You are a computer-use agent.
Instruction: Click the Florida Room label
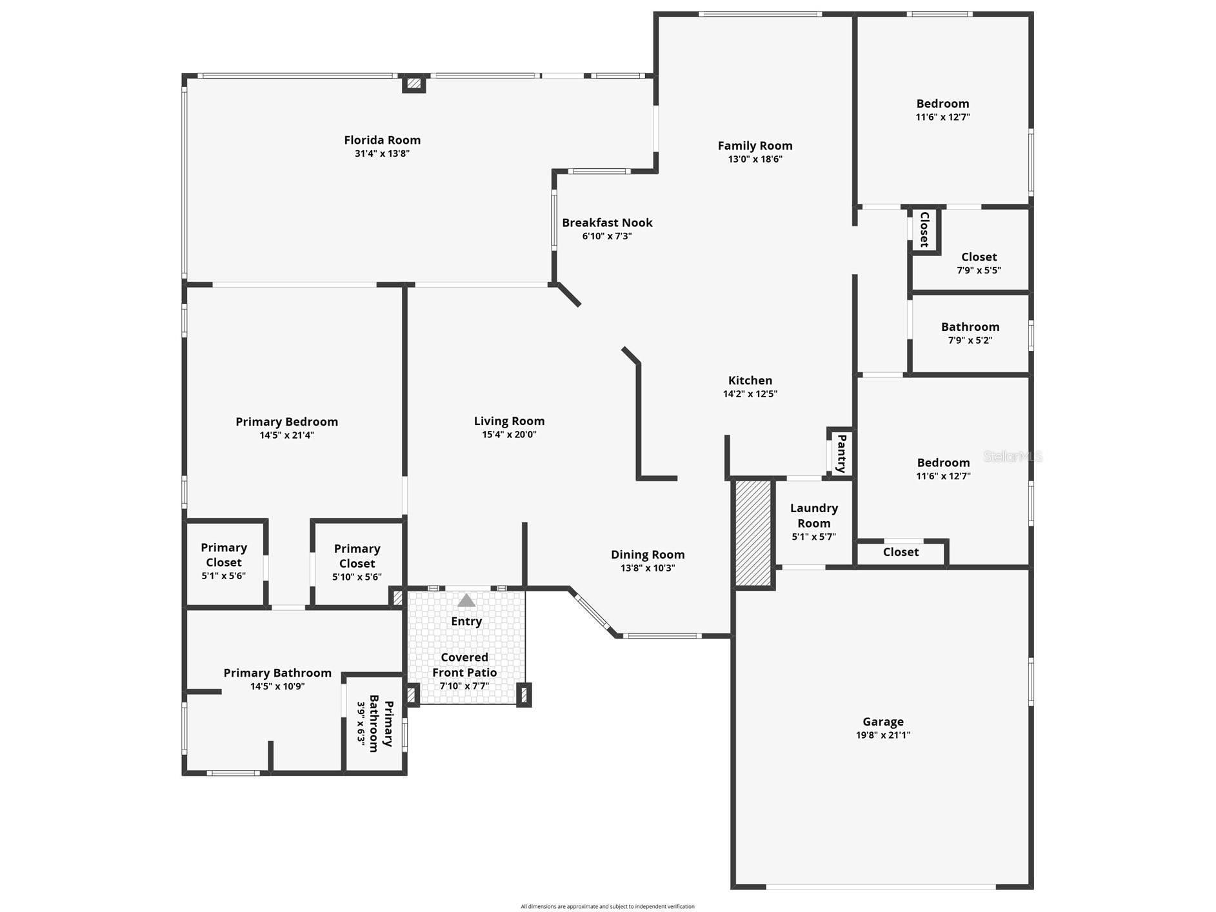click(382, 140)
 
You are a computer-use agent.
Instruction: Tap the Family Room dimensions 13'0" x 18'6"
click(755, 159)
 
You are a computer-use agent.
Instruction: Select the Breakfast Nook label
click(607, 223)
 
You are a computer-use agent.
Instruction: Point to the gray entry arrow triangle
click(466, 601)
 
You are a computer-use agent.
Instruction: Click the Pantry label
click(841, 453)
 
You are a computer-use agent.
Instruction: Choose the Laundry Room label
click(813, 515)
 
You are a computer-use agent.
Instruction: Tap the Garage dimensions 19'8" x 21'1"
click(882, 735)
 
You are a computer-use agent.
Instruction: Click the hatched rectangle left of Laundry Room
click(753, 533)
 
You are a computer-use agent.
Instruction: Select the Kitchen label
click(750, 381)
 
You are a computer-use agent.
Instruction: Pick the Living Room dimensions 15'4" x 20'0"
click(509, 435)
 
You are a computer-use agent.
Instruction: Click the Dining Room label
click(648, 555)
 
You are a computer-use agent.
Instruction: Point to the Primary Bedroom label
click(286, 422)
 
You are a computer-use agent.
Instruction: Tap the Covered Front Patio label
click(464, 665)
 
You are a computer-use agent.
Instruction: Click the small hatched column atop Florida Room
click(414, 83)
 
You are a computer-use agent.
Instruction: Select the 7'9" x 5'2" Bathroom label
click(970, 327)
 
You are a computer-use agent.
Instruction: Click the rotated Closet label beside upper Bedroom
click(924, 230)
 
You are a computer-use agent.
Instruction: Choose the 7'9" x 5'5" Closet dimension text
click(979, 271)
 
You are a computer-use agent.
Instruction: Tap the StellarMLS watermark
click(1012, 457)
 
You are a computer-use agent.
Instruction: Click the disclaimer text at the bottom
click(608, 906)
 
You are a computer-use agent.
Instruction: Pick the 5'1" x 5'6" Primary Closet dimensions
click(223, 576)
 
